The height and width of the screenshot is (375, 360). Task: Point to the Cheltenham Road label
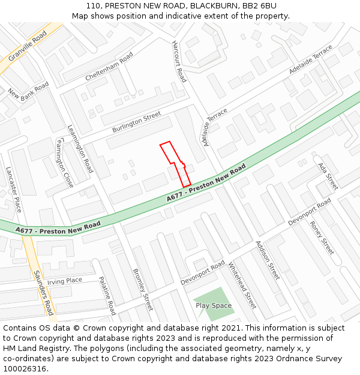pos(109,67)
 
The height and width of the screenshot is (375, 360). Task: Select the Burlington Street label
pos(136,122)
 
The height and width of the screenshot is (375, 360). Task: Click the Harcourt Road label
pos(179,62)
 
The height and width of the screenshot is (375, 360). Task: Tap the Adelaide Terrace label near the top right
pos(310,60)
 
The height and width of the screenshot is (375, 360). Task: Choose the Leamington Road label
pos(80,148)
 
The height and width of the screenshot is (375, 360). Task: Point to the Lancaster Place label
pos(14,190)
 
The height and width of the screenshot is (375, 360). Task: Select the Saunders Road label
pos(43,292)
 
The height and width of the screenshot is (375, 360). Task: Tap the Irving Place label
pos(65,281)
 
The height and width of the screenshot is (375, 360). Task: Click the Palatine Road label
pos(107,296)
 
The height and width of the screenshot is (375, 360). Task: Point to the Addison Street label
pos(268,260)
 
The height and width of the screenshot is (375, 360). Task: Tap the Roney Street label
pos(322,238)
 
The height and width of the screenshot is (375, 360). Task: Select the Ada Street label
pos(328,176)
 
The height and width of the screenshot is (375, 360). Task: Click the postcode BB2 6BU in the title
pos(260,5)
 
